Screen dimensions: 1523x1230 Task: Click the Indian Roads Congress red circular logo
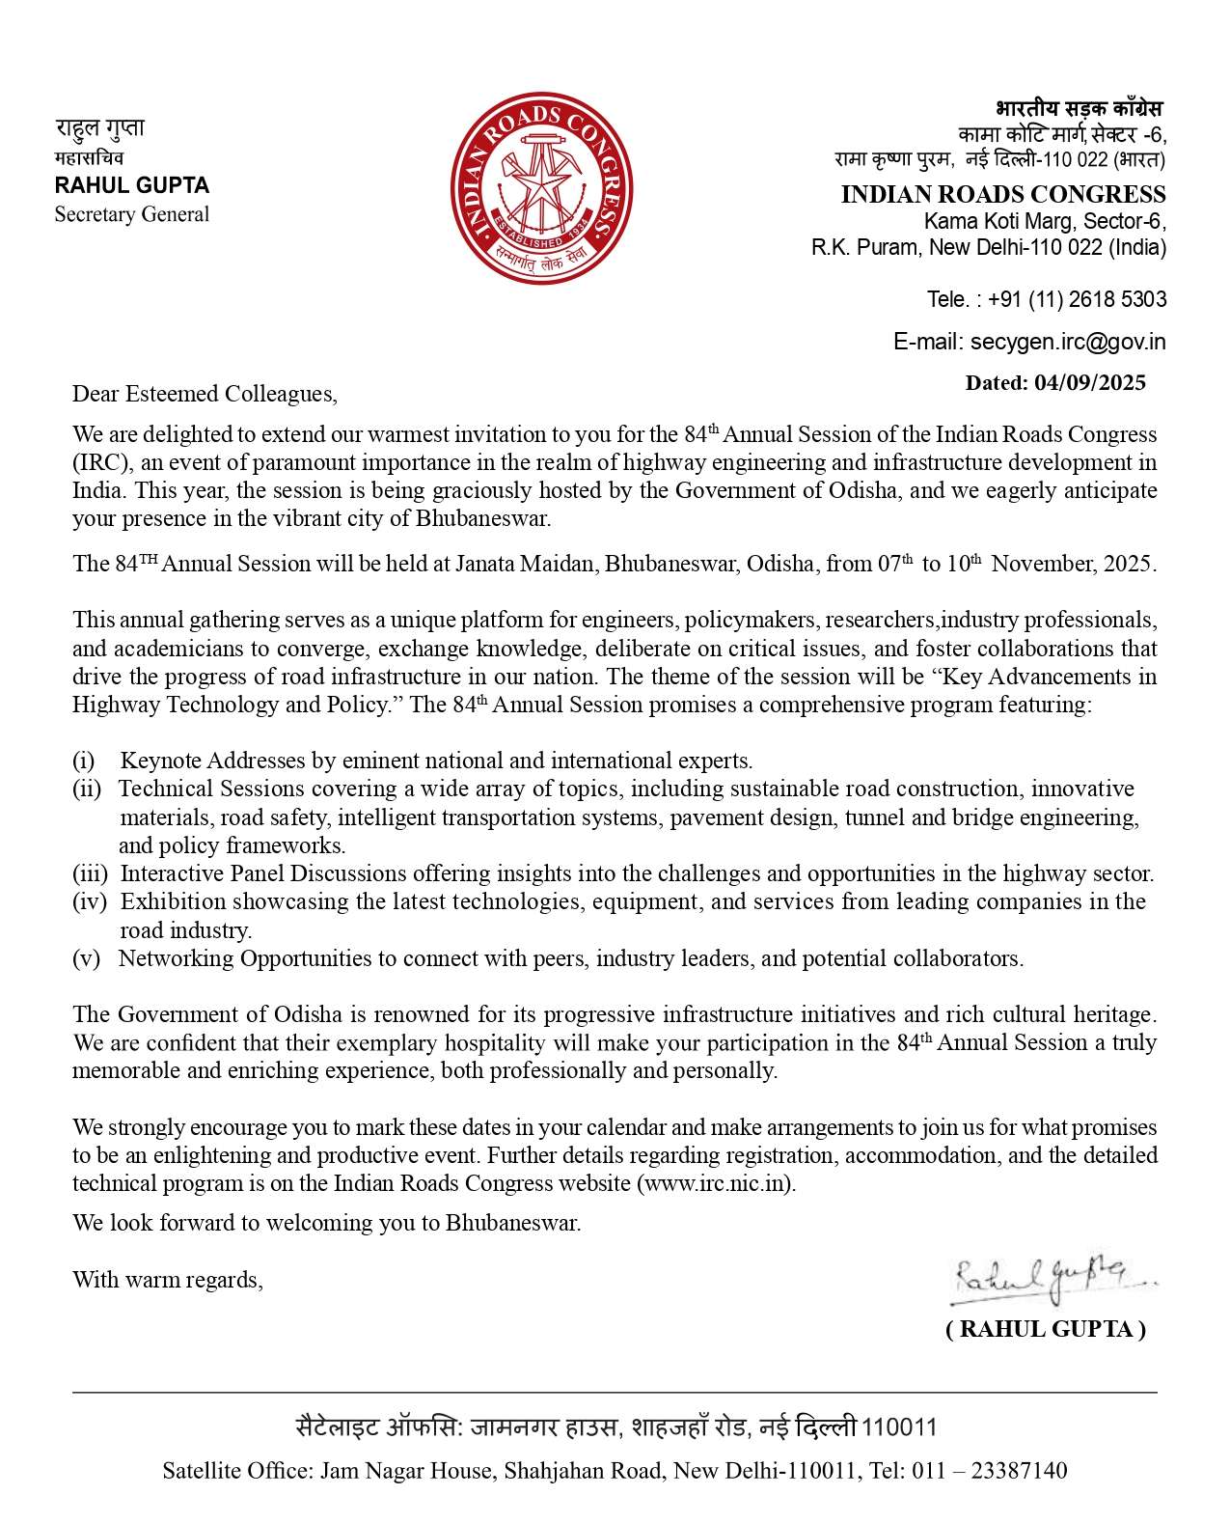tap(541, 188)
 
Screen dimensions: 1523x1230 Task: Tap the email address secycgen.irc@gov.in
tap(1067, 342)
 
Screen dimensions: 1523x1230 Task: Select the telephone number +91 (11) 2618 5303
tap(1077, 299)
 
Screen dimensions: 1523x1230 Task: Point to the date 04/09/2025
tap(1089, 383)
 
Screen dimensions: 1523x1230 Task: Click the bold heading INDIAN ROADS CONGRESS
tap(1002, 194)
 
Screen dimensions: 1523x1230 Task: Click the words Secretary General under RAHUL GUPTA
tap(131, 214)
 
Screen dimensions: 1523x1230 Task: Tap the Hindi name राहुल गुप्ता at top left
tap(99, 128)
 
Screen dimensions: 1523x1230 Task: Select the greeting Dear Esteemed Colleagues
tap(204, 394)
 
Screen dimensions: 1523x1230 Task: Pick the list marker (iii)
tap(90, 873)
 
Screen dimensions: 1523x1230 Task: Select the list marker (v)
tap(86, 958)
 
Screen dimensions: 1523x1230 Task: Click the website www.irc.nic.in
tap(715, 1183)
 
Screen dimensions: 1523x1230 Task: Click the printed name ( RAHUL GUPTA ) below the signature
tap(1046, 1329)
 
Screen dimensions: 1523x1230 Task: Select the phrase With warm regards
tap(167, 1280)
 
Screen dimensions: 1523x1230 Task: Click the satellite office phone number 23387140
tap(1019, 1471)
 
